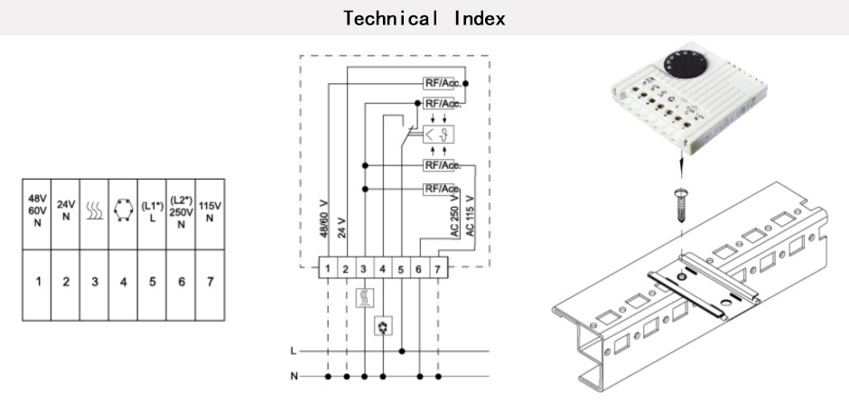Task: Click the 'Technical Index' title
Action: tap(424, 18)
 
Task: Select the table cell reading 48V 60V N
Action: tap(37, 214)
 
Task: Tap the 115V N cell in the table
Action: tap(210, 214)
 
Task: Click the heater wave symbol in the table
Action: tap(94, 210)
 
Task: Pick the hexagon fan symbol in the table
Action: tap(124, 209)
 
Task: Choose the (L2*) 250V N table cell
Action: tap(181, 214)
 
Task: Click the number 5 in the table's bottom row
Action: tap(152, 282)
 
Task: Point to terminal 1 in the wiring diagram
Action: tap(328, 268)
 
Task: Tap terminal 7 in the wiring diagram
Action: tap(437, 268)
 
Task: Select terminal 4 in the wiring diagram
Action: tap(383, 268)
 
